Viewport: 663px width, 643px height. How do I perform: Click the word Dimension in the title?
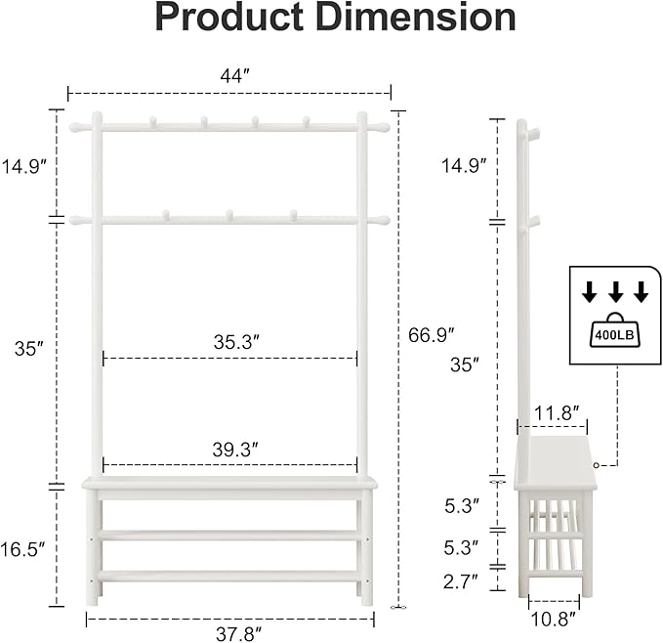pyautogui.click(x=422, y=18)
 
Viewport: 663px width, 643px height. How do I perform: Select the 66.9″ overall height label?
pyautogui.click(x=433, y=335)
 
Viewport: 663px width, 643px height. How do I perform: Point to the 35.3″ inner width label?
pyautogui.click(x=236, y=342)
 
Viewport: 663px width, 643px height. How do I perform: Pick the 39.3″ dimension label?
pyautogui.click(x=236, y=450)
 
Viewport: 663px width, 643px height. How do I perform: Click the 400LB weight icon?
pyautogui.click(x=613, y=329)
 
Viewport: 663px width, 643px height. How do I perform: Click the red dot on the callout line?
pyautogui.click(x=596, y=464)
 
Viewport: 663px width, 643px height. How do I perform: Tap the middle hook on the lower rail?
pyautogui.click(x=229, y=214)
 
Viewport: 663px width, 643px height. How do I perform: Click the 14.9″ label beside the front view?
pyautogui.click(x=24, y=166)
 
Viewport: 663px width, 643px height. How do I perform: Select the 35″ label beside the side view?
pyautogui.click(x=466, y=364)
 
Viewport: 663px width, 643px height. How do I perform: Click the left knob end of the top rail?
pyautogui.click(x=75, y=127)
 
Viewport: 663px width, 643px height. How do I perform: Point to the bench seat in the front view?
pyautogui.click(x=229, y=483)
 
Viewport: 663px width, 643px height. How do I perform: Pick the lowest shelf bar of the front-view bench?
pyautogui.click(x=229, y=577)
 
